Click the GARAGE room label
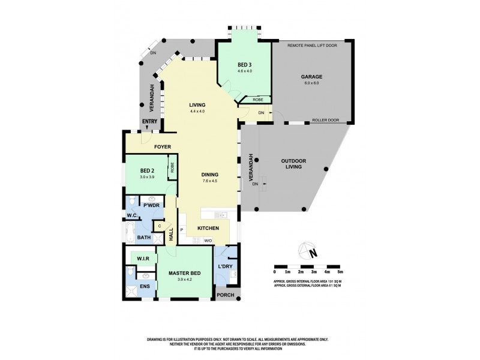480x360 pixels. point(312,77)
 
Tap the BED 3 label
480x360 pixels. point(244,65)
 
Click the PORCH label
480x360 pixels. point(226,294)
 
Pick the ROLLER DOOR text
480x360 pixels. point(325,120)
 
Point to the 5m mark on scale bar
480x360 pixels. point(340,272)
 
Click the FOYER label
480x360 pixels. point(163,146)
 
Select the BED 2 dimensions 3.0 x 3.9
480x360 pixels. point(148,177)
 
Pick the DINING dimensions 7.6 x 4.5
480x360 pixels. point(209,181)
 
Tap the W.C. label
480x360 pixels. point(132,215)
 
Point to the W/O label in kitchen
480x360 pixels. point(208,241)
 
